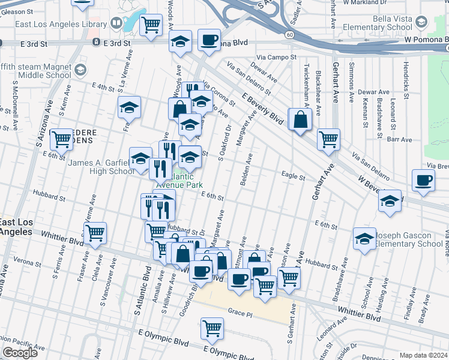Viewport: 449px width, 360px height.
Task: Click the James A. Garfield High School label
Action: pos(101,167)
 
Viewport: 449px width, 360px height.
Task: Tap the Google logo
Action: pos(20,353)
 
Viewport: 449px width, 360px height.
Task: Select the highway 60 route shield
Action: pos(290,35)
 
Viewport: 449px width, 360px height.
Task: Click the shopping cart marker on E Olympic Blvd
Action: pos(211,328)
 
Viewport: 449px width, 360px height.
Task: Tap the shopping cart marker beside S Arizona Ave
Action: pos(61,139)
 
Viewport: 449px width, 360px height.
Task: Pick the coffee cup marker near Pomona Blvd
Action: pos(208,40)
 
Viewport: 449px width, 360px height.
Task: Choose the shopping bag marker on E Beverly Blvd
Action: pos(300,119)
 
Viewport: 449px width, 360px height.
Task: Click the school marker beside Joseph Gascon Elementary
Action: pos(364,239)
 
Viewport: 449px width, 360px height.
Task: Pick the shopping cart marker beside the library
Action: pos(151,25)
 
